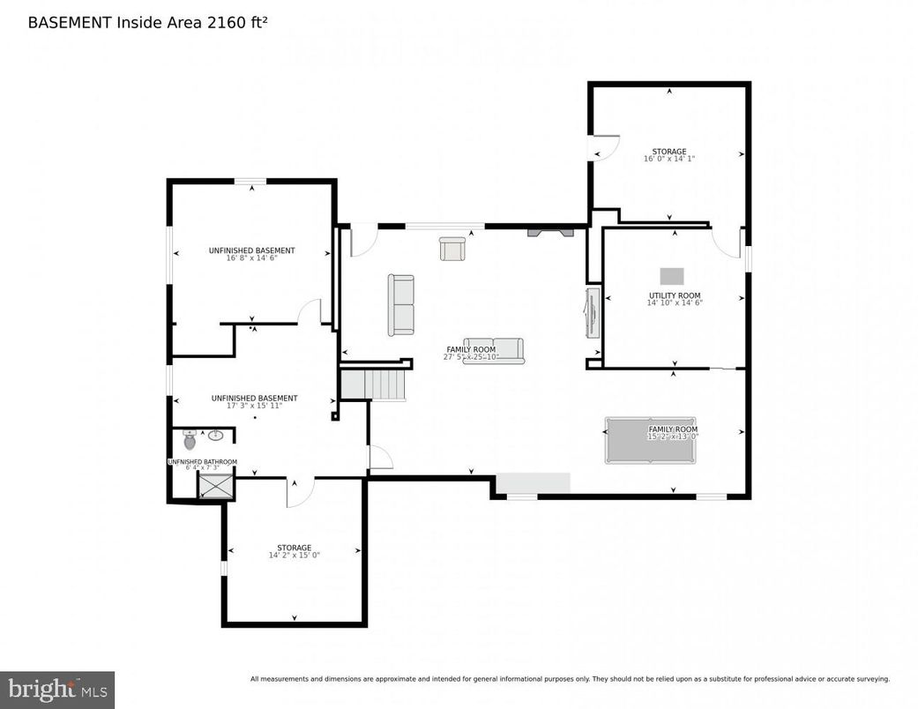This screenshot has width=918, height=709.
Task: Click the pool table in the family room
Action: (650, 440)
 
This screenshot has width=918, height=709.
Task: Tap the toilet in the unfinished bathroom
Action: (190, 440)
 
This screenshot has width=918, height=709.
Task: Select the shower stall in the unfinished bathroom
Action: (216, 486)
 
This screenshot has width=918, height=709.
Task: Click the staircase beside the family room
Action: (374, 385)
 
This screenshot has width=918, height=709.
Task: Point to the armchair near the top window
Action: (452, 250)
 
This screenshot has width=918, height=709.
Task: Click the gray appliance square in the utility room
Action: (672, 276)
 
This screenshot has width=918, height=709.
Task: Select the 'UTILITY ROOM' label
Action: (675, 296)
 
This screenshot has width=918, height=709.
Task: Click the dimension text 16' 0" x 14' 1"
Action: (668, 160)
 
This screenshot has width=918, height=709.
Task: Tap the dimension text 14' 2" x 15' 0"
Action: (294, 556)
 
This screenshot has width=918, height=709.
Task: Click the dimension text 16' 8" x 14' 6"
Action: (252, 259)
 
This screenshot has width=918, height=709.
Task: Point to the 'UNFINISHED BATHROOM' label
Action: (203, 462)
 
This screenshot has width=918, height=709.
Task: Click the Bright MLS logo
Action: (56, 689)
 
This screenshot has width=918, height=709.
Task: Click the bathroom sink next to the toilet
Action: (216, 435)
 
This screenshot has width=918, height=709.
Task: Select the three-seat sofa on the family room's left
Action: (401, 304)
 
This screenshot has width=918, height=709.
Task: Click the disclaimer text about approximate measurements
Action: (570, 679)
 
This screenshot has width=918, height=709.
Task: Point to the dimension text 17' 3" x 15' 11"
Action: (254, 407)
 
